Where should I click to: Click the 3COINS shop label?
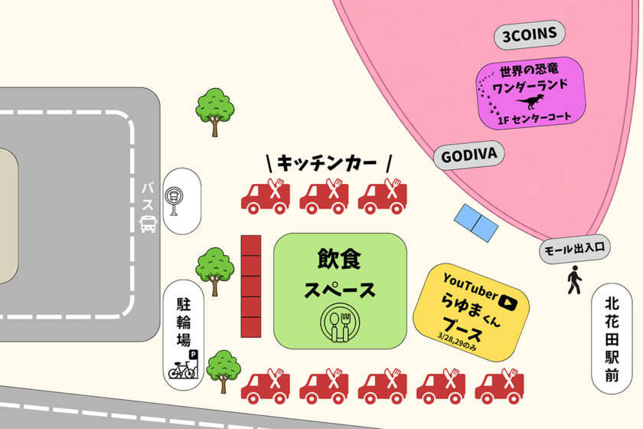click(x=529, y=34)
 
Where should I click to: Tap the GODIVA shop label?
click(x=469, y=156)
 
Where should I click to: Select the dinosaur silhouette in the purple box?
click(x=529, y=102)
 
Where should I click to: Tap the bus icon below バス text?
click(x=148, y=224)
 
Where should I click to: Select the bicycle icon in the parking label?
click(x=181, y=371)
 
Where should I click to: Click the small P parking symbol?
click(x=193, y=355)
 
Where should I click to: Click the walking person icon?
click(x=573, y=281)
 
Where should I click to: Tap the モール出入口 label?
click(x=574, y=248)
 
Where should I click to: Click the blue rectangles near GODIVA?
click(x=476, y=221)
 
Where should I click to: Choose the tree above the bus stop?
click(x=214, y=108)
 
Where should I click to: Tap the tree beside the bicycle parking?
click(x=224, y=369)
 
